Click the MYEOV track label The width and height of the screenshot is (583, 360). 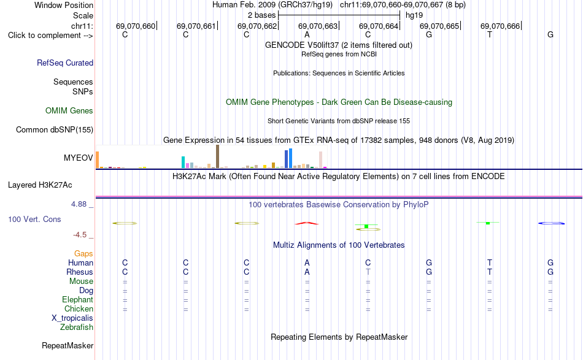(78, 158)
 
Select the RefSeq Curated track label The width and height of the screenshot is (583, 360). (65, 63)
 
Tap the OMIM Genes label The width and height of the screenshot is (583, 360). (69, 111)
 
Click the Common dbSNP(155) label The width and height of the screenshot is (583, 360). (55, 129)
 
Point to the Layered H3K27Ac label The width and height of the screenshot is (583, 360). (40, 185)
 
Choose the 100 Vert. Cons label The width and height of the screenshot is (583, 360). (34, 219)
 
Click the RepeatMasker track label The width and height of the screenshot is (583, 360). (68, 345)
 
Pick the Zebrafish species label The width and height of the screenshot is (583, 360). (77, 327)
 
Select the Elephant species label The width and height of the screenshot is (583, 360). (77, 299)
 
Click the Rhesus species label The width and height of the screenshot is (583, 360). (80, 272)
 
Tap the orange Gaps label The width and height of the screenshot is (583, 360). (83, 253)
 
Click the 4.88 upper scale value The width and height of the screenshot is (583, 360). (79, 204)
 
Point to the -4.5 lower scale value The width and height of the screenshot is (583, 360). (80, 235)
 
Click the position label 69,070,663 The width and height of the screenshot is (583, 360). (318, 26)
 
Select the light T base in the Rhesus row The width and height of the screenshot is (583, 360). (368, 272)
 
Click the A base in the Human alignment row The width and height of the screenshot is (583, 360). (307, 262)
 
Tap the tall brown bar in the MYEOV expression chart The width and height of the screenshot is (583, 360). (217, 156)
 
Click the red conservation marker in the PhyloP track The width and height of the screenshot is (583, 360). (307, 223)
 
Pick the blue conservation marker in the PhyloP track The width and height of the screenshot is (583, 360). (552, 223)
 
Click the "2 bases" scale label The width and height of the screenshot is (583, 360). (262, 15)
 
